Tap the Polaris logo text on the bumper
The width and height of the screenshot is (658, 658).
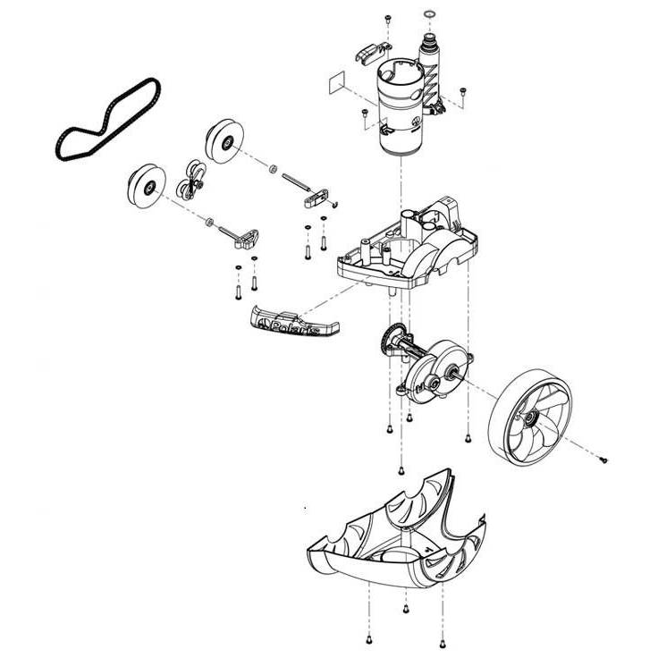pos(294,328)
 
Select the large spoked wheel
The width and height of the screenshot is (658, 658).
pos(530,417)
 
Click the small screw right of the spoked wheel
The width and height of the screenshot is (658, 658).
pos(603,460)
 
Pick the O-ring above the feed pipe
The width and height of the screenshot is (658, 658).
pos(429,15)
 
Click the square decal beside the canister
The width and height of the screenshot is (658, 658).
pos(335,82)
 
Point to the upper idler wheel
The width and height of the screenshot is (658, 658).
pos(224,141)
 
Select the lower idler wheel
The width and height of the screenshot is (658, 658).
pos(147,186)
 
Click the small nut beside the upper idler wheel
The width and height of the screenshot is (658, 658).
pos(273,169)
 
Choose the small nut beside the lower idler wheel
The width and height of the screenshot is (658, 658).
pos(209,222)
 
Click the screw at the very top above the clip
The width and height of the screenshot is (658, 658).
pos(388,19)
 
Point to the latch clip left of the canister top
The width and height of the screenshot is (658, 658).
pos(372,53)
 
